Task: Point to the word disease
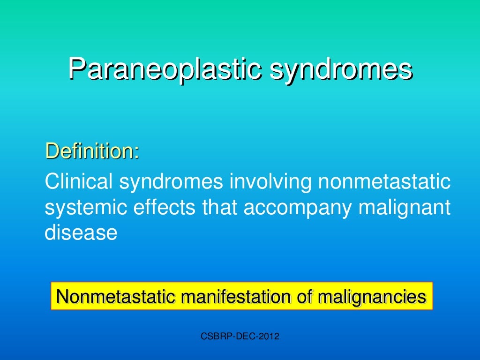coord(80,232)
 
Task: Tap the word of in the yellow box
coord(304,297)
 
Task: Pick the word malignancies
coord(373,297)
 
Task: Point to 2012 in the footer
coord(269,336)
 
